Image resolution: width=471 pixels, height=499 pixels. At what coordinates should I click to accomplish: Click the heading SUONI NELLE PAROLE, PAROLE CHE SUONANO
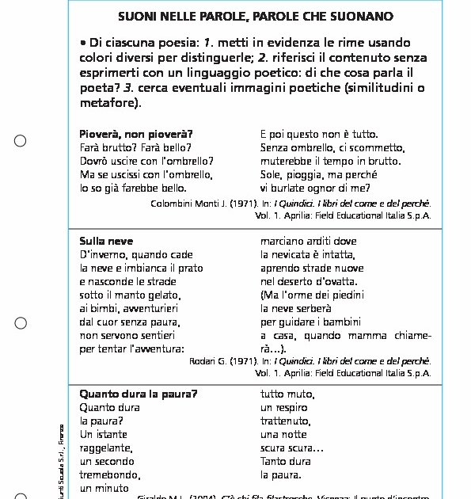[255, 16]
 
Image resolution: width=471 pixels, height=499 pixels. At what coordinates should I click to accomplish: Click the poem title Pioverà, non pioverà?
[136, 134]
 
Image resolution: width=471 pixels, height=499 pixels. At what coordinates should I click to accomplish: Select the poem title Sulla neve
[106, 241]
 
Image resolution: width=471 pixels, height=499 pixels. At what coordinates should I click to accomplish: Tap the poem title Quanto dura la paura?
[139, 394]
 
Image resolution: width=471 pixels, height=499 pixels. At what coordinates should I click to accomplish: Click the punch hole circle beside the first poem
[21, 141]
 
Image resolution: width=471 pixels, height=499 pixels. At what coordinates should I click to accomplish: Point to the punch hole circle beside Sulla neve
[21, 323]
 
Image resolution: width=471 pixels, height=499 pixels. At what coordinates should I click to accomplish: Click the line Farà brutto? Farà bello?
[135, 147]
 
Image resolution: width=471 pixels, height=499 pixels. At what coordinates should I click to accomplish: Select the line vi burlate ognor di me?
[315, 188]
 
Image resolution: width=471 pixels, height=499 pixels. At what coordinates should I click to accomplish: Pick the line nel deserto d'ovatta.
[306, 281]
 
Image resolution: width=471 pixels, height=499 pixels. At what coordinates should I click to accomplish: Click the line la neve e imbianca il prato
[141, 268]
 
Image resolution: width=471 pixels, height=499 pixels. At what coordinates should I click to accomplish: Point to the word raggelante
[105, 448]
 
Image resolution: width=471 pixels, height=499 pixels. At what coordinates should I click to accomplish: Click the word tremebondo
[109, 474]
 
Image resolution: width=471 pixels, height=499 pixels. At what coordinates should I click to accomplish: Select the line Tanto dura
[286, 461]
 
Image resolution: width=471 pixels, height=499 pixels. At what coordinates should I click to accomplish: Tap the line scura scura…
[291, 448]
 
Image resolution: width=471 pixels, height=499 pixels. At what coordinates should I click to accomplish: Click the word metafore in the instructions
[107, 102]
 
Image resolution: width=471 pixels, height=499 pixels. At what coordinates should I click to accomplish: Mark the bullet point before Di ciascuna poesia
[83, 42]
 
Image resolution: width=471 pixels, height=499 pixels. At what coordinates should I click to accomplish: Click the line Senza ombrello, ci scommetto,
[332, 147]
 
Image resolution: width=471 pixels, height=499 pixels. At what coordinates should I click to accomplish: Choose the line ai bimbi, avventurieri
[130, 308]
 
